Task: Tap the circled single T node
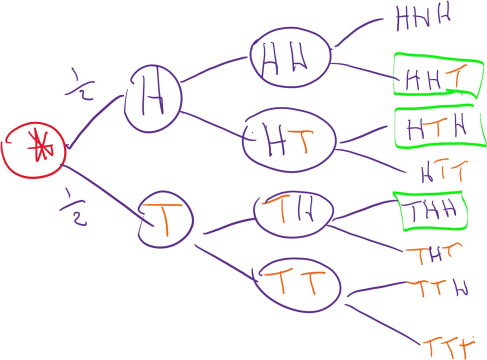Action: click(x=165, y=219)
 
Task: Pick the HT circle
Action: click(x=289, y=140)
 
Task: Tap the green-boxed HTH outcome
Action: click(x=439, y=128)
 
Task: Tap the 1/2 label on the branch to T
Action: click(x=69, y=203)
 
